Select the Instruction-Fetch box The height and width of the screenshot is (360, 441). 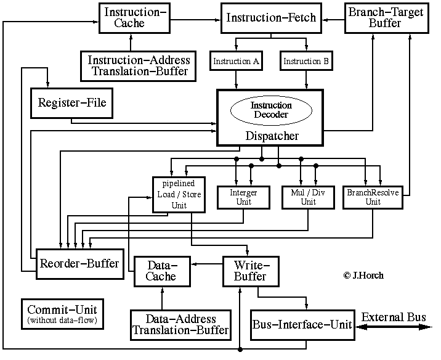pos(271,18)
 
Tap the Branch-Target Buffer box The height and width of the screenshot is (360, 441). pos(374,18)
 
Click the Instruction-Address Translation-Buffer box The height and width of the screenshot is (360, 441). pos(139,65)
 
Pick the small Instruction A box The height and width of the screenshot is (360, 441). pos(237,62)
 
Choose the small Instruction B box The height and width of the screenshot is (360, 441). pos(305,62)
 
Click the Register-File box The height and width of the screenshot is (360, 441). pos(71,103)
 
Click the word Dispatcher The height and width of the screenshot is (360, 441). pos(271,136)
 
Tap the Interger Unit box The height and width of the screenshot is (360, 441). pos(243,197)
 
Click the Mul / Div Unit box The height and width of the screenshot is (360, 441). pos(307,197)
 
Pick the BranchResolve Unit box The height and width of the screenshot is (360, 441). pos(373,197)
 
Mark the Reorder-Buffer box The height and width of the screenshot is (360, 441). pos(79,264)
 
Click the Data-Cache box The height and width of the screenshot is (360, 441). pos(160,271)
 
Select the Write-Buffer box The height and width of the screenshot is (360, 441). pos(249,271)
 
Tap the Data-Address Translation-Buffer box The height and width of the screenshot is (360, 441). pos(180,325)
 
